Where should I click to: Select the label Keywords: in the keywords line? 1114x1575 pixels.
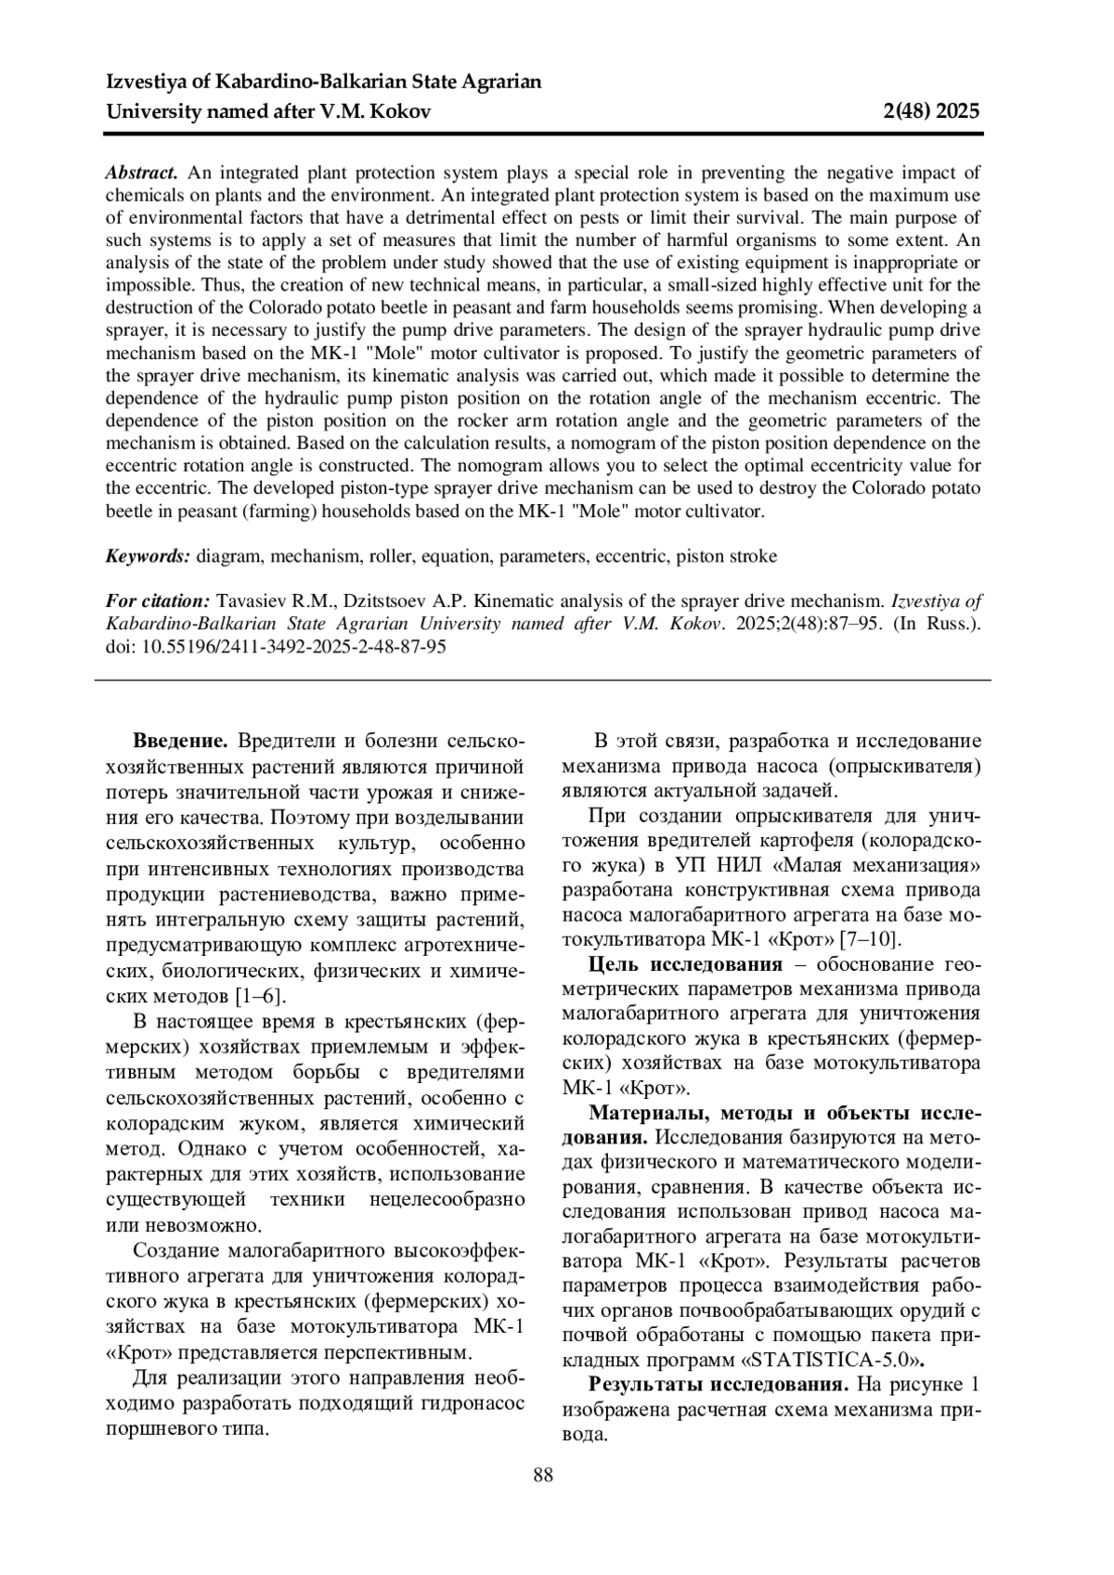pyautogui.click(x=148, y=557)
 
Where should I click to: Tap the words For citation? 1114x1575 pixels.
pyautogui.click(x=157, y=601)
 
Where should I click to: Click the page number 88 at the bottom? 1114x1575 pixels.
pyautogui.click(x=543, y=1476)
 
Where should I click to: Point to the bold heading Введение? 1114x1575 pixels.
pyautogui.click(x=180, y=742)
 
